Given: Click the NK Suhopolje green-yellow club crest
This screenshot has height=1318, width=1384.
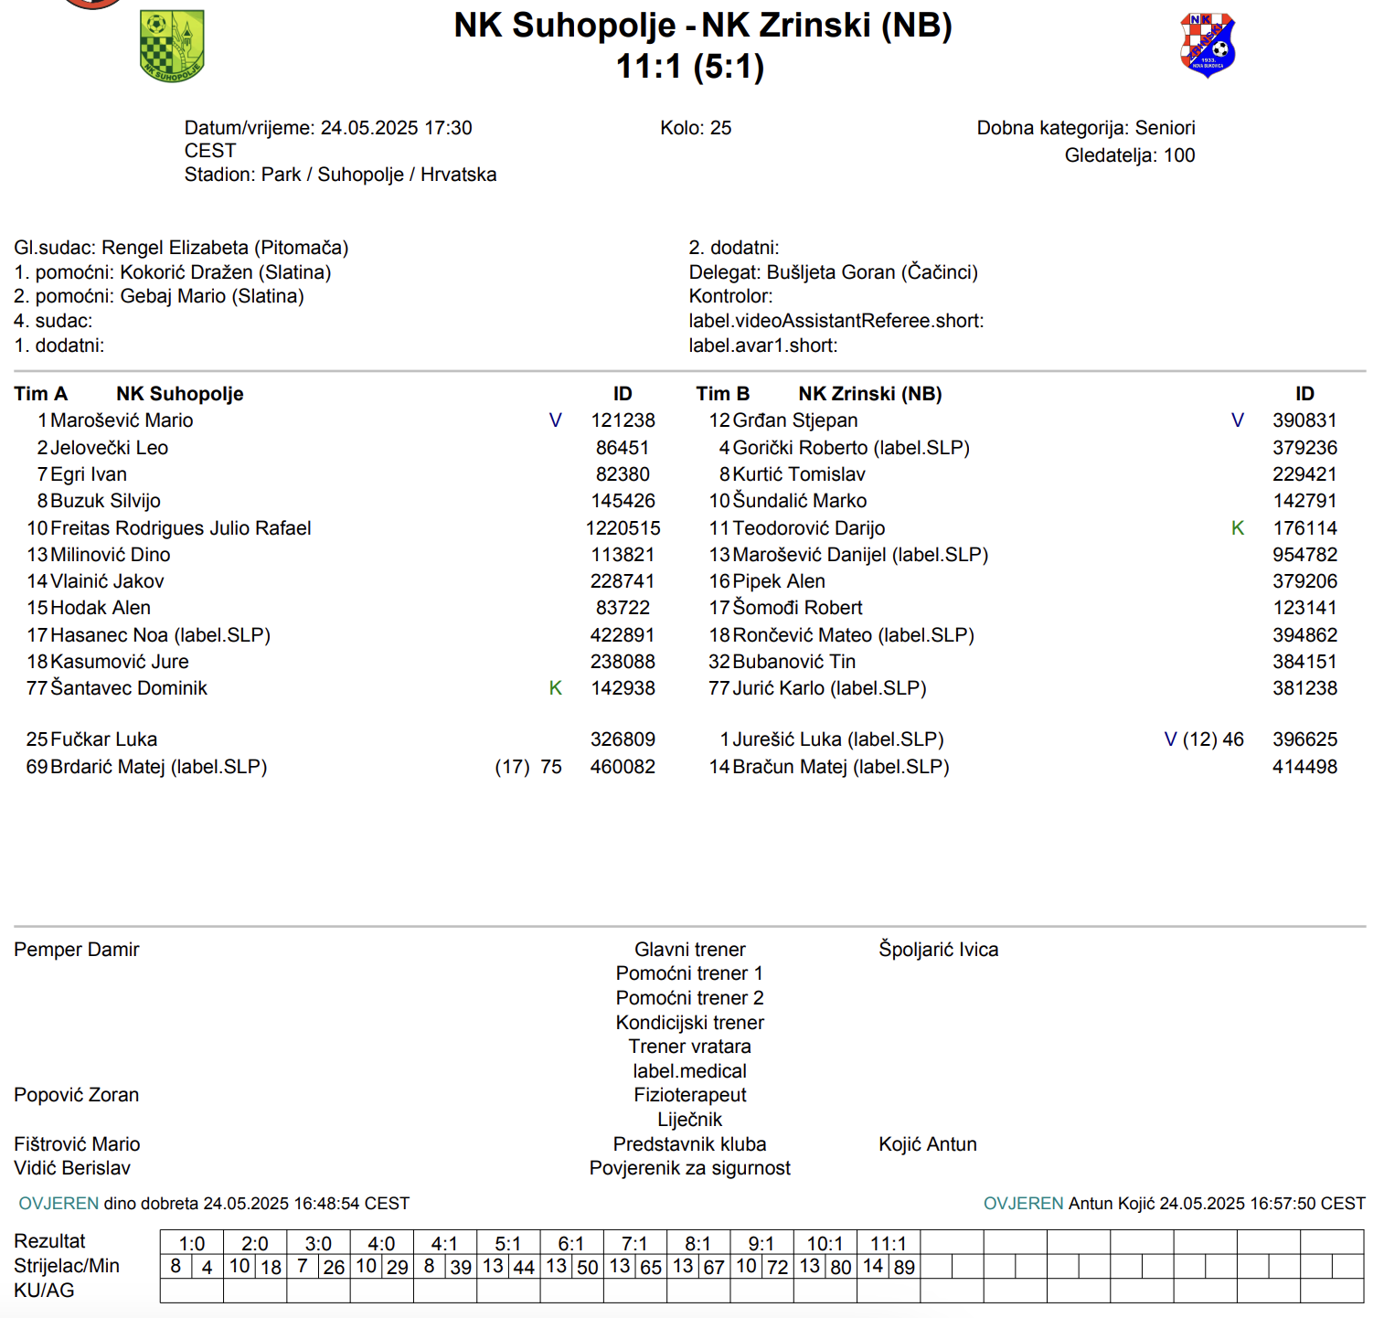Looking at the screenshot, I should click(x=172, y=46).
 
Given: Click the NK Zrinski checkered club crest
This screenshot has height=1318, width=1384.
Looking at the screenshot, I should click(x=1207, y=44).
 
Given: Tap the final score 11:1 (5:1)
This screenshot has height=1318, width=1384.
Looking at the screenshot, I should click(x=690, y=67).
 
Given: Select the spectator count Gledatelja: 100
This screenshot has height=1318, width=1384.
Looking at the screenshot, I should click(x=1129, y=155).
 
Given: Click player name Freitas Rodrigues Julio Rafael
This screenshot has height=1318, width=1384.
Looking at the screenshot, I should click(x=181, y=528).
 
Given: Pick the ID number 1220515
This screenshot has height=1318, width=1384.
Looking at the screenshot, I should click(x=623, y=528).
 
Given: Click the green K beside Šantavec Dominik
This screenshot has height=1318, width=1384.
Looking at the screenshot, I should click(x=555, y=688).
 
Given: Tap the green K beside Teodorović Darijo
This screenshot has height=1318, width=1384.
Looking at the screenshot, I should click(x=1237, y=528).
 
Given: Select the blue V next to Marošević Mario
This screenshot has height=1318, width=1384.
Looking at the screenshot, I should click(x=555, y=420).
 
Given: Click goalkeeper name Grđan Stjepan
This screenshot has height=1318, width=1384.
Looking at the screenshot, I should click(x=795, y=420).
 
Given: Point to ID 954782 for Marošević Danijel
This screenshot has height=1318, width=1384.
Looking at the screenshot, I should click(x=1304, y=555).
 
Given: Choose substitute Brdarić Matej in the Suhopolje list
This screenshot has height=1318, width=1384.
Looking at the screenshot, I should click(x=158, y=767).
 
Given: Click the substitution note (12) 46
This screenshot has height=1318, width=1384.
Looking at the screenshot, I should click(x=1213, y=739).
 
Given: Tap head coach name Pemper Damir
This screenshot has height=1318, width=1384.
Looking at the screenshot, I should click(x=77, y=950).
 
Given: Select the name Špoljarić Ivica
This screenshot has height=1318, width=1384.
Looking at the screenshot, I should click(x=938, y=950).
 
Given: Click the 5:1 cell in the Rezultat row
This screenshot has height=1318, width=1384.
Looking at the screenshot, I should click(x=507, y=1244).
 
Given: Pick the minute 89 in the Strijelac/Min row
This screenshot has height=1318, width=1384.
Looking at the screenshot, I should click(x=904, y=1268).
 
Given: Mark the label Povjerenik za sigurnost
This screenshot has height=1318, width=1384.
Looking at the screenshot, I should click(x=689, y=1168).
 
